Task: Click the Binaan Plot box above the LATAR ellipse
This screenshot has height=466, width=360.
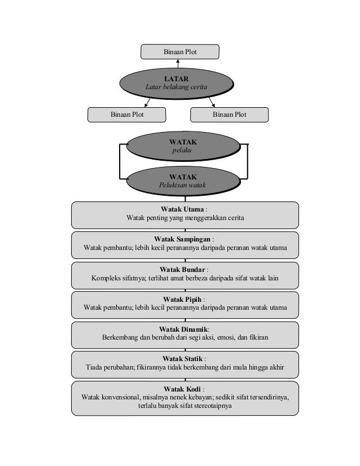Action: pyautogui.click(x=180, y=52)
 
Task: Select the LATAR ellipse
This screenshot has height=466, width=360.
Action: pyautogui.click(x=177, y=83)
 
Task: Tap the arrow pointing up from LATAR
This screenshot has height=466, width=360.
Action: pyautogui.click(x=178, y=64)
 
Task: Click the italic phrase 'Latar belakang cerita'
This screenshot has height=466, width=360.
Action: pyautogui.click(x=176, y=87)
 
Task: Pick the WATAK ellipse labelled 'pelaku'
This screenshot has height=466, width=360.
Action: pyautogui.click(x=183, y=146)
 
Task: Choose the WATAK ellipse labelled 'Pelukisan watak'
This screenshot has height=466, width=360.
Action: pyautogui.click(x=183, y=181)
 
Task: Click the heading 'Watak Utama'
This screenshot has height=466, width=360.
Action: pyautogui.click(x=182, y=209)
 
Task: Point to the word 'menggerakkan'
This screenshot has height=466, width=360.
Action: pyautogui.click(x=201, y=218)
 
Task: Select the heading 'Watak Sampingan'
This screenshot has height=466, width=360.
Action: pyautogui.click(x=182, y=239)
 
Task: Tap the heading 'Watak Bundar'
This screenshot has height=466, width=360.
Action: pyautogui.click(x=182, y=270)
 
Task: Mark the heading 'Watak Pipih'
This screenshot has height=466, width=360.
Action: pyautogui.click(x=182, y=299)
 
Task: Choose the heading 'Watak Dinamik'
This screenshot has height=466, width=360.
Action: pyautogui.click(x=183, y=329)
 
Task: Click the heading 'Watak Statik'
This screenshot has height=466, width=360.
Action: pyautogui.click(x=182, y=359)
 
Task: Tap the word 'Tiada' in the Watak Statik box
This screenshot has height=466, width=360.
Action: pyautogui.click(x=94, y=367)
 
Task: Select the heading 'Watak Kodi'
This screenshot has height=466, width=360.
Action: pyautogui.click(x=182, y=389)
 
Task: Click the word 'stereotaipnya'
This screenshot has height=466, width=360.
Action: pyautogui.click(x=213, y=406)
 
